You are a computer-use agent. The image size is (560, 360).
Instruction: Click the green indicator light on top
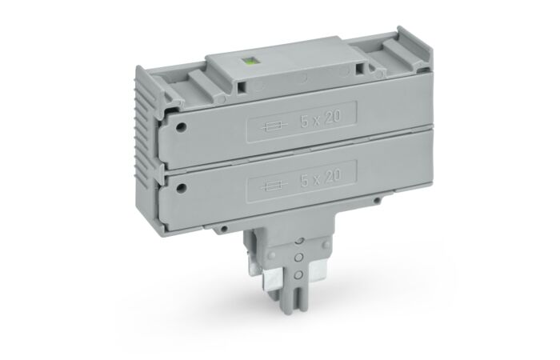(246, 62)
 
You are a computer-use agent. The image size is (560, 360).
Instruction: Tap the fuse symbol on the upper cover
(274, 126)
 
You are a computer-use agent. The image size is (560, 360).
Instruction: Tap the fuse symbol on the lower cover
(274, 185)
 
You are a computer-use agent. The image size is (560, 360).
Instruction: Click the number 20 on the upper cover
(333, 117)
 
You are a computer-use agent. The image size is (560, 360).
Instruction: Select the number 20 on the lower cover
(333, 175)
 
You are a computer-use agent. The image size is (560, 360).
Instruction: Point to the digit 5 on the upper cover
(305, 122)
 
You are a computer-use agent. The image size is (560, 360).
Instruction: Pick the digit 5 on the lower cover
(305, 181)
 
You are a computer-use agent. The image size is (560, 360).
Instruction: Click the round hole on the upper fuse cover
(182, 126)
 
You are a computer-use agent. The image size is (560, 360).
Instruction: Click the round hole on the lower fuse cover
(182, 187)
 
